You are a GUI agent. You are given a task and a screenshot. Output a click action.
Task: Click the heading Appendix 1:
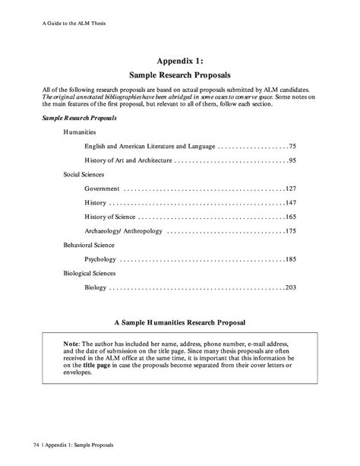180,62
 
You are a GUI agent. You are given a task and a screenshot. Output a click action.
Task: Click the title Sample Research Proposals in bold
180,77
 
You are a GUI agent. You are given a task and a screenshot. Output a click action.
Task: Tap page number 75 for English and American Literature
292,144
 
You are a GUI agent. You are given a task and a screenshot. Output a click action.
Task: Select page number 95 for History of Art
292,161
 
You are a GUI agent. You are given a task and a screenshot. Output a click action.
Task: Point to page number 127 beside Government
290,188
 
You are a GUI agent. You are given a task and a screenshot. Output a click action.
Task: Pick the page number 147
290,203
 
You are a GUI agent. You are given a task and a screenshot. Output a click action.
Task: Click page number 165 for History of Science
290,217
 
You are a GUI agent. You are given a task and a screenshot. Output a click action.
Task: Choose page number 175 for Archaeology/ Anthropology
290,231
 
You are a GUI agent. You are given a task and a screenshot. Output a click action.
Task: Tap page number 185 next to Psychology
290,260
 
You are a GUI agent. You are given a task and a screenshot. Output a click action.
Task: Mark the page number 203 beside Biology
290,287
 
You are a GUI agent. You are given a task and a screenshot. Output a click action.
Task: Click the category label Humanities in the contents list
80,132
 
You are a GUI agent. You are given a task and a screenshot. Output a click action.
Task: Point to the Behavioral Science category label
89,246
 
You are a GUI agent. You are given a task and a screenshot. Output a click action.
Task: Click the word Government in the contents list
102,188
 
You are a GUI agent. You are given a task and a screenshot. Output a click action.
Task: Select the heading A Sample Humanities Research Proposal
180,322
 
